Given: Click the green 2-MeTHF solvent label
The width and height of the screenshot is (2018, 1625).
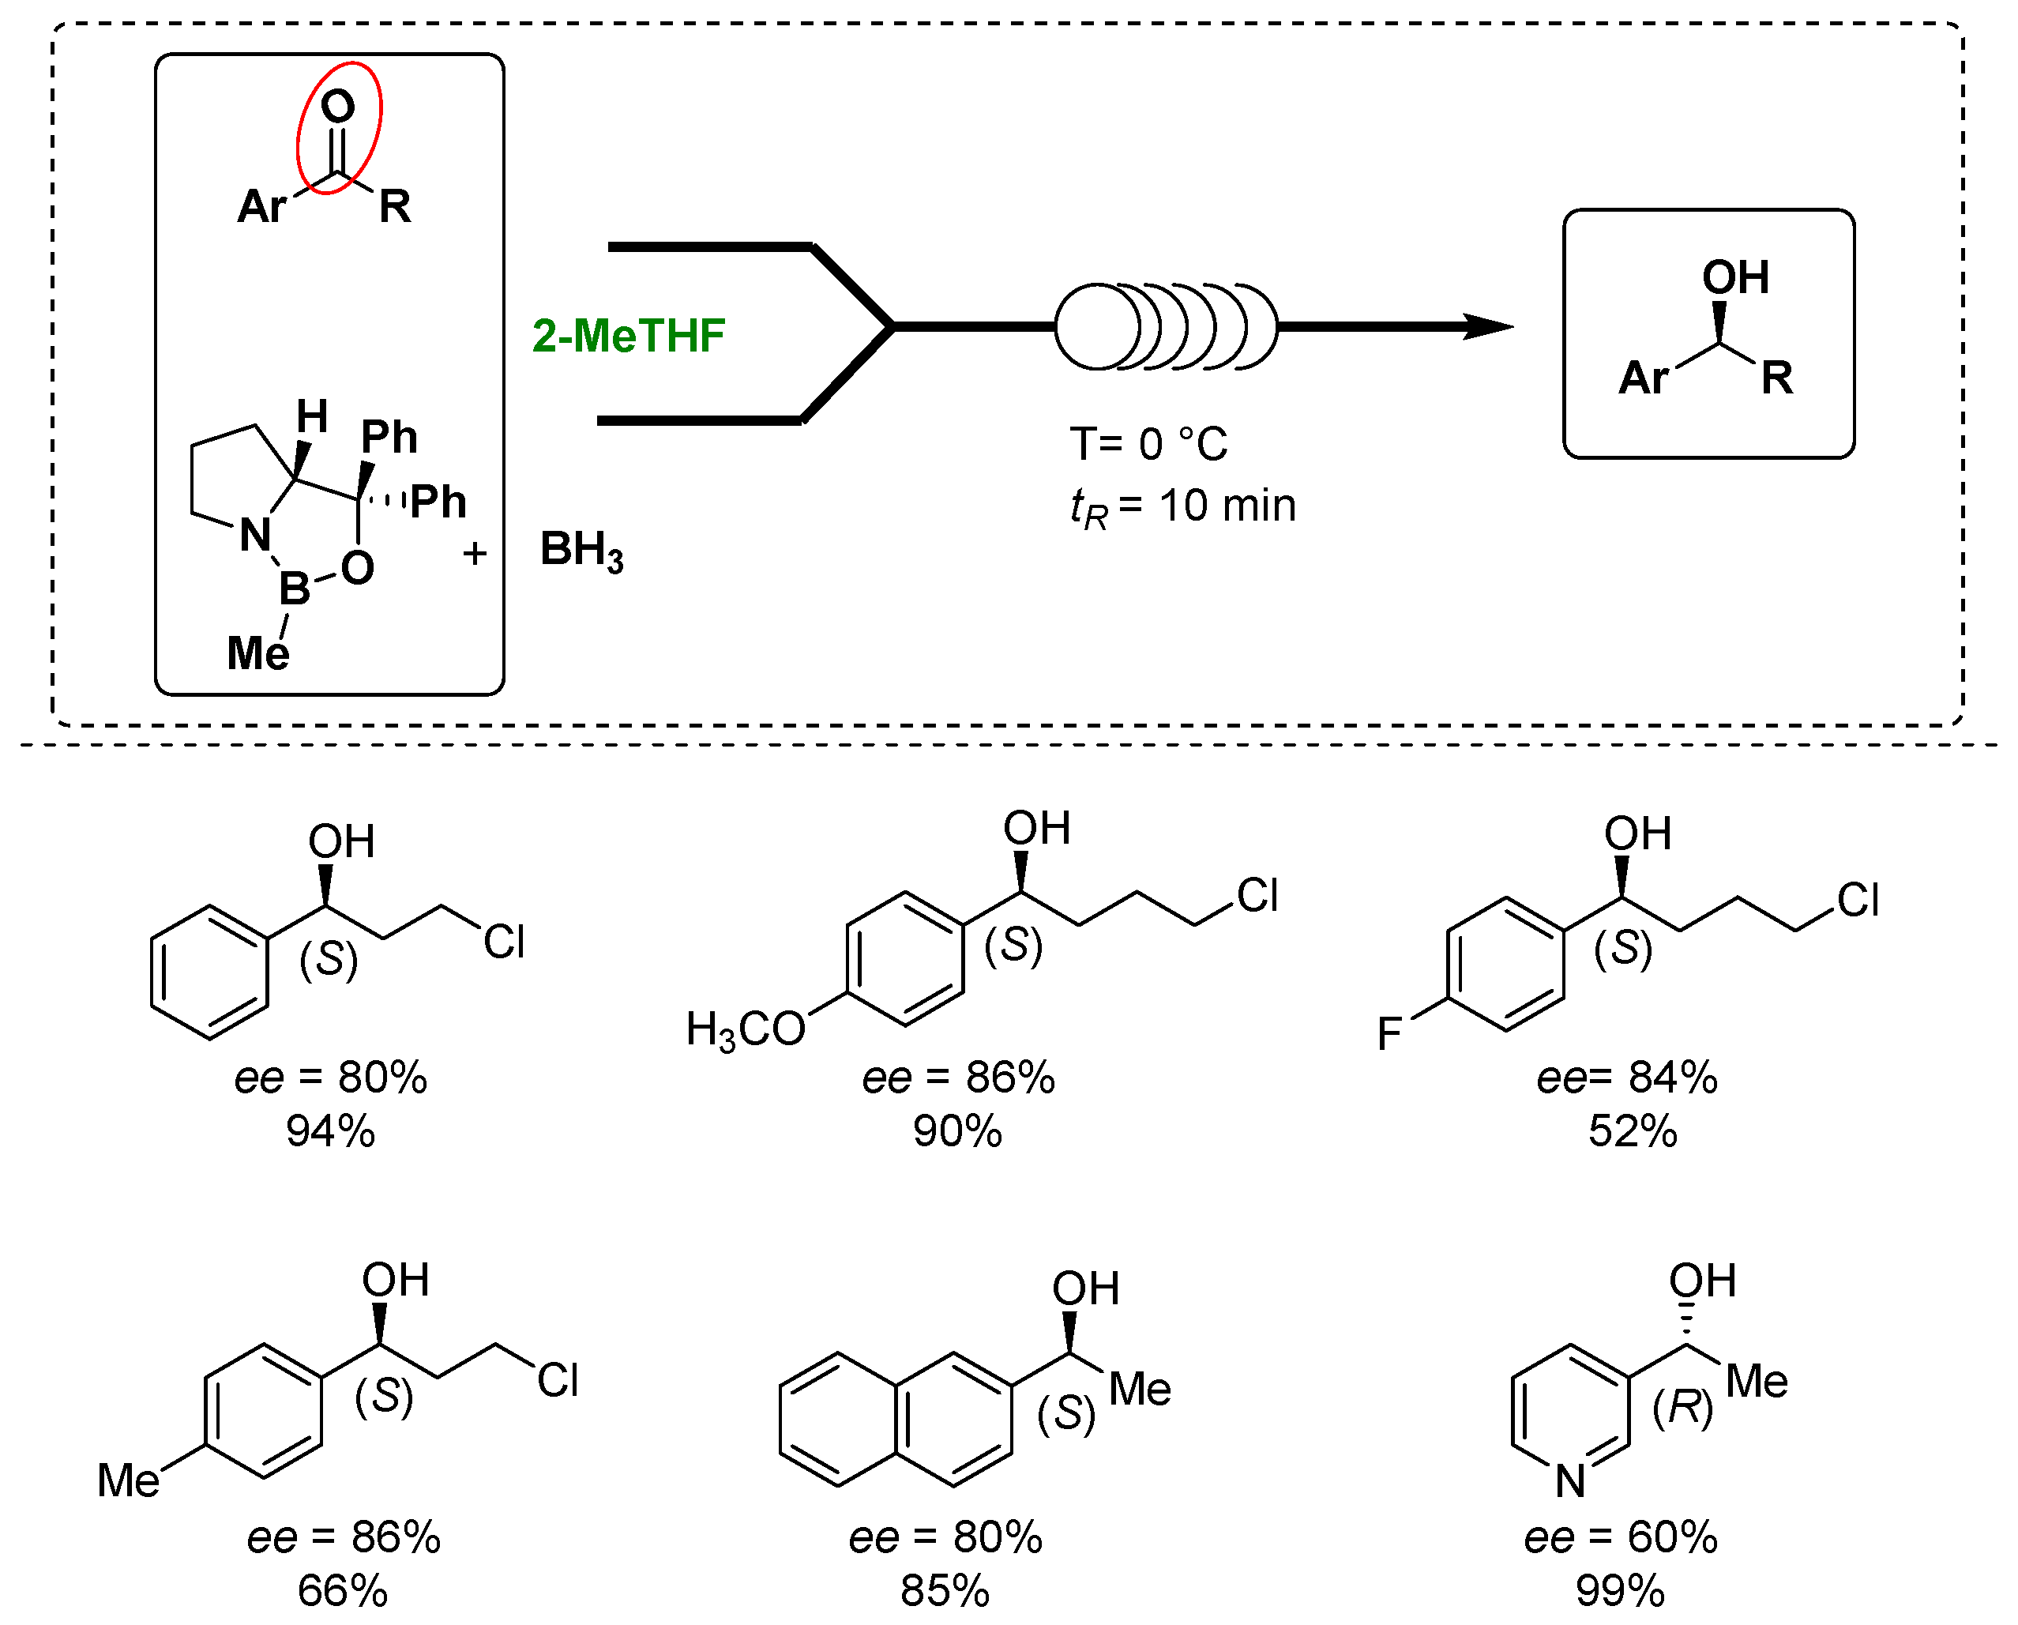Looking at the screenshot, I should [x=628, y=336].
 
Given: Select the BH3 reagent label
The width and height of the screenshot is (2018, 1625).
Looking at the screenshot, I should [x=581, y=551].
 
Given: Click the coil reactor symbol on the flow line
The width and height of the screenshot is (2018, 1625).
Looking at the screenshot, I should [x=1165, y=327].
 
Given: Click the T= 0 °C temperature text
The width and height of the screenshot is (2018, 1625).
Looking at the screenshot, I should [x=1148, y=445].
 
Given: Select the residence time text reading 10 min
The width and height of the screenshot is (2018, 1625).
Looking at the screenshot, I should [x=1183, y=507].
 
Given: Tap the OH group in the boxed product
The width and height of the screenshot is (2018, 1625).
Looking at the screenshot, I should [x=1734, y=278].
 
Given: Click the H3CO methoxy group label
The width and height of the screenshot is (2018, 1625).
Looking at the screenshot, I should [x=745, y=1029].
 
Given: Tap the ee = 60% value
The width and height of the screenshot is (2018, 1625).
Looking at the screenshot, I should [x=1620, y=1538].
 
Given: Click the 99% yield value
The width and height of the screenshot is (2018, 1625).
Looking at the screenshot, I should [x=1620, y=1591].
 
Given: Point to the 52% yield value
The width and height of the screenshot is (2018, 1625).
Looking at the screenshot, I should [x=1633, y=1132].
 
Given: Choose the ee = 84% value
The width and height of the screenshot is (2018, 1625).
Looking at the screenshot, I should [x=1627, y=1078].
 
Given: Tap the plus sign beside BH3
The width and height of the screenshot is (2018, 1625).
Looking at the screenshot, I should [x=475, y=554].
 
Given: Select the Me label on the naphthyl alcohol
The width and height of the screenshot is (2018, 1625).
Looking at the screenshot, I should [x=1139, y=1390].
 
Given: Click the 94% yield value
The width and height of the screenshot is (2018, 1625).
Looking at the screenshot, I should [x=330, y=1132].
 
